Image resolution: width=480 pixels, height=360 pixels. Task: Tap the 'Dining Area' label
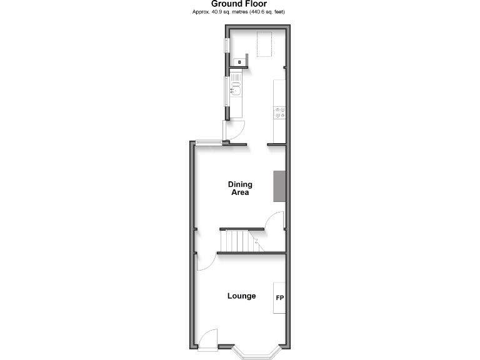[239, 188]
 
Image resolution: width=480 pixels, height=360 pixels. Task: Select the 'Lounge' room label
[241, 296]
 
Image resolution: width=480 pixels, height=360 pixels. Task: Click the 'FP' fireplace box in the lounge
[279, 298]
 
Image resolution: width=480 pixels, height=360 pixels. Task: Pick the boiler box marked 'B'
[240, 62]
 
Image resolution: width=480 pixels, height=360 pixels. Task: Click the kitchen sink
[236, 91]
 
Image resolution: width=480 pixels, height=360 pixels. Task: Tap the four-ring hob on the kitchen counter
[280, 113]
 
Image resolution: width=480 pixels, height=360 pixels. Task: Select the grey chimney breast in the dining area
[279, 186]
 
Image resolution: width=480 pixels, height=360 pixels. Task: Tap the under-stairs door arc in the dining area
[275, 222]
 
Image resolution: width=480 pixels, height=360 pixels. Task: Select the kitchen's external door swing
[234, 131]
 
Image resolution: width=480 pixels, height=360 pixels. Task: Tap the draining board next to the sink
[236, 79]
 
